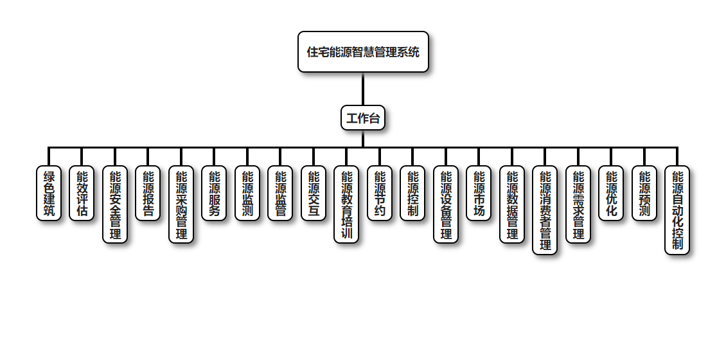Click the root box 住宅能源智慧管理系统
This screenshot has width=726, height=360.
coord(363,51)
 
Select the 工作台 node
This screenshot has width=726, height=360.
coord(363,118)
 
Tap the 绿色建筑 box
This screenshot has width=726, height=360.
coord(49,193)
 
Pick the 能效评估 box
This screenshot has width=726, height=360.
coord(82,193)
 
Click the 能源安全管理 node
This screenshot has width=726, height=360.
coord(115,204)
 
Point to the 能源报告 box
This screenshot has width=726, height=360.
coord(148,193)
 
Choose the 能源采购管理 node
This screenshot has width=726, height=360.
coord(181,204)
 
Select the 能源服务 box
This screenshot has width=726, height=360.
coord(214,193)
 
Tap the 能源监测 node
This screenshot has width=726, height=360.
coord(247,193)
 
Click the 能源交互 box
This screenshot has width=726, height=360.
coord(314,193)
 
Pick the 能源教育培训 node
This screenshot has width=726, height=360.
coord(346,204)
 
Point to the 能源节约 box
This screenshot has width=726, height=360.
coord(380,193)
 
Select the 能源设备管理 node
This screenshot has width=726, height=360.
coord(446,204)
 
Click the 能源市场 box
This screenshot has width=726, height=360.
coord(479,193)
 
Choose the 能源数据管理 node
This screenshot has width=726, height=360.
coord(512,204)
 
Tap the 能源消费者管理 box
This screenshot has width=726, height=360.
coord(545,210)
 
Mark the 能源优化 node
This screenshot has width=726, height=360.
coord(611,193)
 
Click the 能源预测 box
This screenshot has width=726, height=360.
coord(644,193)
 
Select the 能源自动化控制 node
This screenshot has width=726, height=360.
coord(677,210)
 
